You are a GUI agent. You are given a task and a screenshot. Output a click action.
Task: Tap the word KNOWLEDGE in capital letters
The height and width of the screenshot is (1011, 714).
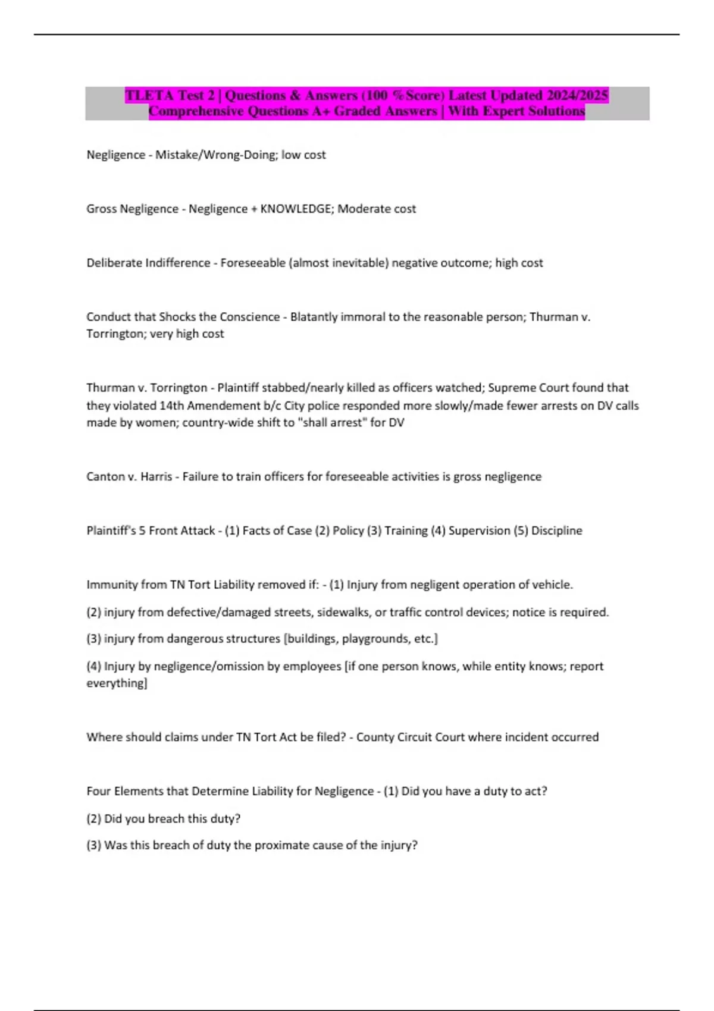[x=297, y=209]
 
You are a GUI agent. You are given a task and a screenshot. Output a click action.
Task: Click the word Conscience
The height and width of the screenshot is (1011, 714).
[x=249, y=317]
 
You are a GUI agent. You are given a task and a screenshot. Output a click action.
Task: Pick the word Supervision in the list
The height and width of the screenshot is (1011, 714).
[x=479, y=530]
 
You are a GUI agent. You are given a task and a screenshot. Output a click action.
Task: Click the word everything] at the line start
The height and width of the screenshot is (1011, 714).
[x=117, y=683]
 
